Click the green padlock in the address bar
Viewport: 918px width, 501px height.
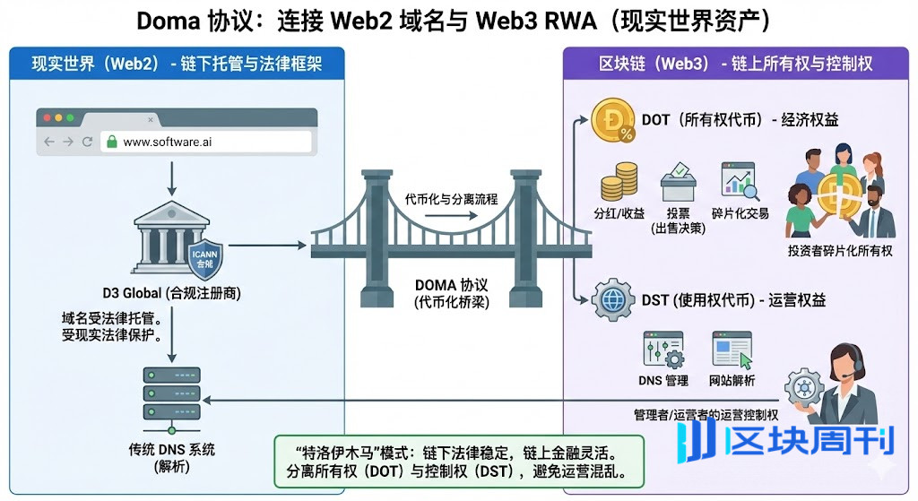pos(112,142)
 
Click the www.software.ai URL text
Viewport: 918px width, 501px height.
pos(168,142)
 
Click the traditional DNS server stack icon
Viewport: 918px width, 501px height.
pos(171,396)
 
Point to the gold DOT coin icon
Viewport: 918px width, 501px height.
pos(613,121)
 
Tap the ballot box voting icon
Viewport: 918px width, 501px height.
pos(678,183)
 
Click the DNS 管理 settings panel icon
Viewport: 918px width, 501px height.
pos(663,351)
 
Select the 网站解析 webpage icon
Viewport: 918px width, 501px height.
pos(732,351)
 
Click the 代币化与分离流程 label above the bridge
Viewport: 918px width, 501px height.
pos(451,198)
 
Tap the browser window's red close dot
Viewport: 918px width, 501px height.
pos(46,117)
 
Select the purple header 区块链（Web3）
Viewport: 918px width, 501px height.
pos(735,64)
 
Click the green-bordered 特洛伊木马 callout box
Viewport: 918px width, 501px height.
pos(459,461)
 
